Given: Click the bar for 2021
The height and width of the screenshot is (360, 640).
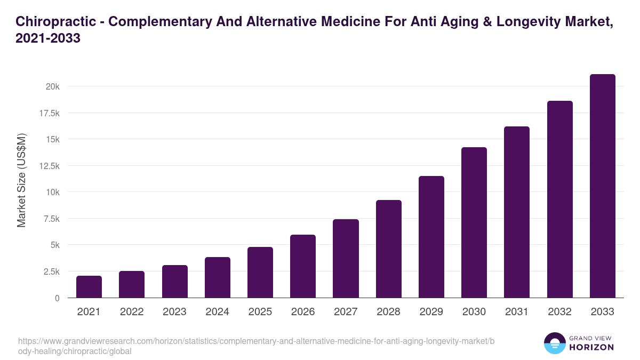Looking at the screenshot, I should point(89,287).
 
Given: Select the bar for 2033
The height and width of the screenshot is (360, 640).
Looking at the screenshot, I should point(602,186).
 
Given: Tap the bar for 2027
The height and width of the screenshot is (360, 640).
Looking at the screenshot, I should point(346,259).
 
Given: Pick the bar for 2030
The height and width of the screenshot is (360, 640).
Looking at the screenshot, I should point(474,222).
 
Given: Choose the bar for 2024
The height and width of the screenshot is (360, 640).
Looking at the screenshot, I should point(218,277).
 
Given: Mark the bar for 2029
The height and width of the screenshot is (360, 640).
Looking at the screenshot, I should point(431,237).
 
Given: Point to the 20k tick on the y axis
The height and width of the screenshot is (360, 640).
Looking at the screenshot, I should point(52,86).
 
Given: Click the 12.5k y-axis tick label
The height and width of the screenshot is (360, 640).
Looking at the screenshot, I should point(49,166).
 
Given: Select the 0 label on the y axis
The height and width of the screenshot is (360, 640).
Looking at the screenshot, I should point(57,298).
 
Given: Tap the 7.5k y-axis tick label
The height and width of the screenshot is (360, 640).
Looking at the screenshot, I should point(51,219).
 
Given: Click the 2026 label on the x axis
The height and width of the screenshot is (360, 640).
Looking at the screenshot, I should point(303,312).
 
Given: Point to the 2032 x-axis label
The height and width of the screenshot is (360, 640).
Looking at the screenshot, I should point(559,312).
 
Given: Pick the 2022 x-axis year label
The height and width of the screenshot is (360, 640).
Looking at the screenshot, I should point(132,312).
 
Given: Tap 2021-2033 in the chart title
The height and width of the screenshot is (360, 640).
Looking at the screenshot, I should point(49,38).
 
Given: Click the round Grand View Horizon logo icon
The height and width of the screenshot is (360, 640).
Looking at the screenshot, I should point(554,343).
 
